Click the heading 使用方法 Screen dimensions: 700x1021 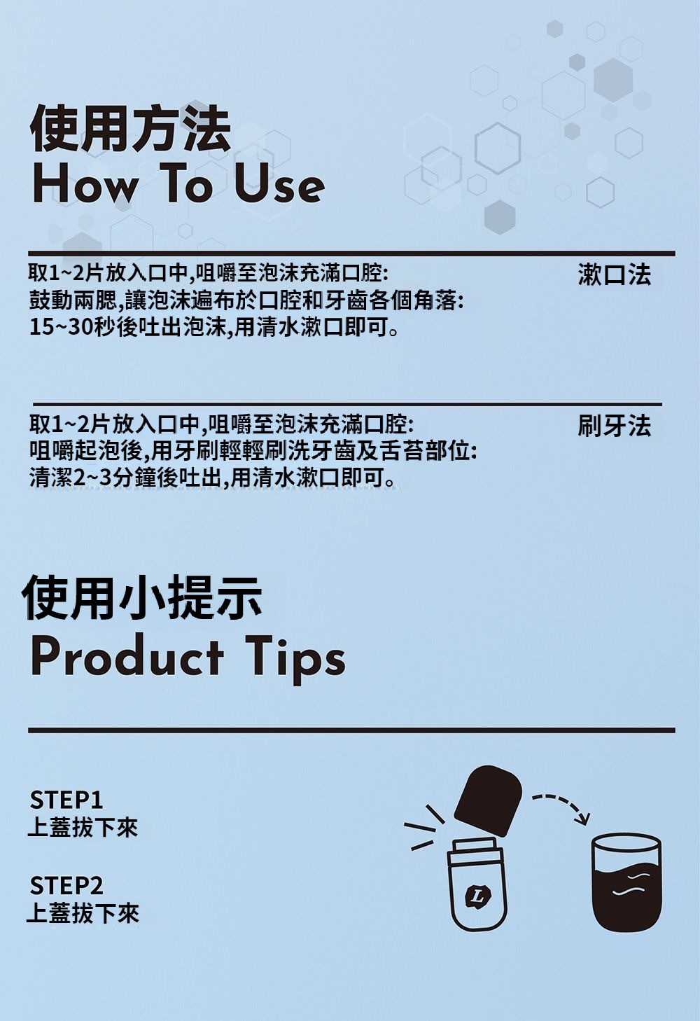coord(130,129)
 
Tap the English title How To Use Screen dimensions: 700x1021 coord(178,186)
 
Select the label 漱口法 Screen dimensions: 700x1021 coord(615,275)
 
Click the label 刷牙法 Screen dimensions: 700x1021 coord(615,426)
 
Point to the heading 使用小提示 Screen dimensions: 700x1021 coord(141,597)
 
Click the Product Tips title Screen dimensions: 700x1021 coord(188,659)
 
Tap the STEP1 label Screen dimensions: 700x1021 coord(66,800)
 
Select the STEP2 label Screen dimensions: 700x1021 coord(66,886)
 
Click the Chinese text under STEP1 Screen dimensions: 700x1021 coord(83,827)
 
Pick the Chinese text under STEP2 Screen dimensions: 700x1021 coord(83,913)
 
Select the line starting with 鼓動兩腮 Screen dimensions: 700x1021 coord(246,300)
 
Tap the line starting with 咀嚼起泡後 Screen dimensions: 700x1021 coord(253,452)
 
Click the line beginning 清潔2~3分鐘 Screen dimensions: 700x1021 coord(212,477)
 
